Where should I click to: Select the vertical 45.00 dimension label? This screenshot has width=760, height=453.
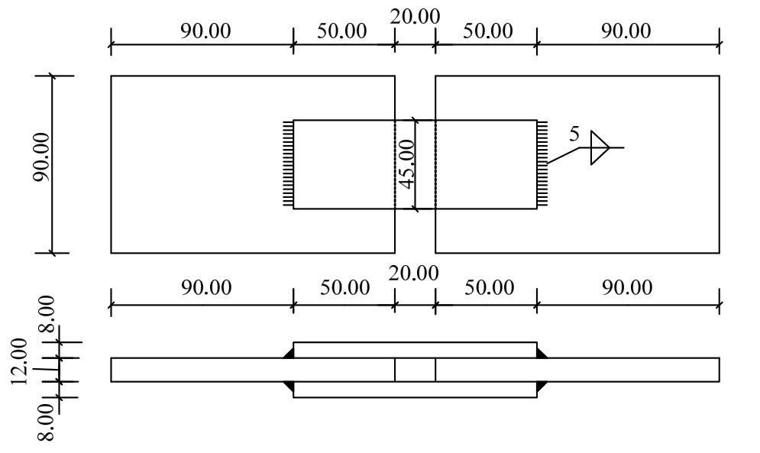click(406, 163)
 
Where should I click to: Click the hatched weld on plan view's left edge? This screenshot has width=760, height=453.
click(288, 163)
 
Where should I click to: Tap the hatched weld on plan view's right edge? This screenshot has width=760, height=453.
click(542, 163)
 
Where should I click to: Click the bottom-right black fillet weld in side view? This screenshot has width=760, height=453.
click(541, 386)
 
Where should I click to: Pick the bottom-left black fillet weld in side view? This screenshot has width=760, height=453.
click(289, 386)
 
